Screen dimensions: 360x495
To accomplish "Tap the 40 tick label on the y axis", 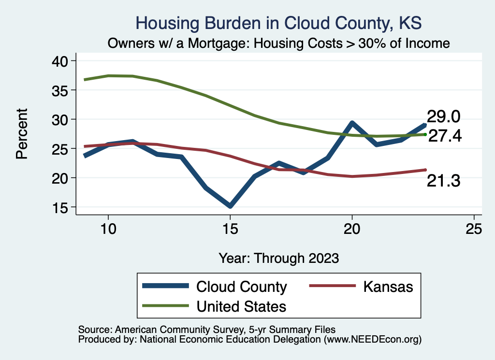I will (61, 61).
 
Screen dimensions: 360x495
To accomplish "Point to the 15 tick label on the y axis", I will (61, 207).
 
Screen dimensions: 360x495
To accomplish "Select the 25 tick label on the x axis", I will (474, 229).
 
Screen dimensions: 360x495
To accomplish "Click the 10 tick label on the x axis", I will (108, 229).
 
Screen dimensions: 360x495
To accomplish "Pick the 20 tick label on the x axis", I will (352, 229).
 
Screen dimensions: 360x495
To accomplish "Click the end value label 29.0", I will (443, 117).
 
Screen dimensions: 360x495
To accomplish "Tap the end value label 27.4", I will (445, 136).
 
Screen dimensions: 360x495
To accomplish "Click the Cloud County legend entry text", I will (241, 287).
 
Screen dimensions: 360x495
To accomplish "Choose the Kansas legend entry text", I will (388, 287).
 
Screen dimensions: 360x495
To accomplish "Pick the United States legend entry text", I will (241, 306).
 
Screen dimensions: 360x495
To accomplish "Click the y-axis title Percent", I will (22, 134).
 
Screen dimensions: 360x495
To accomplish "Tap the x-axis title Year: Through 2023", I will (279, 258).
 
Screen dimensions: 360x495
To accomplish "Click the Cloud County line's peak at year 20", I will (352, 123).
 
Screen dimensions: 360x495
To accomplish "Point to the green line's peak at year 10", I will (108, 75).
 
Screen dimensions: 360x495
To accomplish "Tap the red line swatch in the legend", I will (329, 287).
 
